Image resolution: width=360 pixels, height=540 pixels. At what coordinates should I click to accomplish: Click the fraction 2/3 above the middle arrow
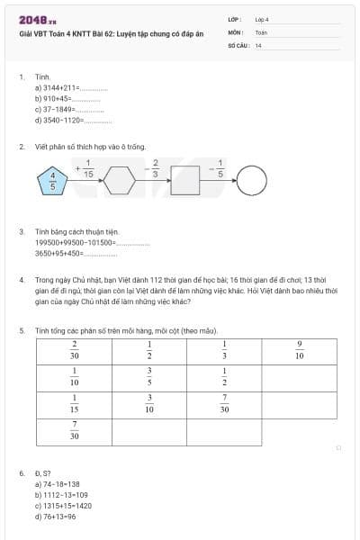pos(155,168)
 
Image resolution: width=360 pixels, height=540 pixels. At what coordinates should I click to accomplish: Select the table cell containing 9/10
pos(300,350)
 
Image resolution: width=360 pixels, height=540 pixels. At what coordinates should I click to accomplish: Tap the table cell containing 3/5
pos(149,376)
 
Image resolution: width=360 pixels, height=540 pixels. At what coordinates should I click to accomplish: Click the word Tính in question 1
pos(42,77)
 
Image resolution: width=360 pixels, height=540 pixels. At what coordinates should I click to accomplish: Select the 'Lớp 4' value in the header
pos(262,18)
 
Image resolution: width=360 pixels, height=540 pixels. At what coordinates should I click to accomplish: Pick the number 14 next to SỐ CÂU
pos(258,44)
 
